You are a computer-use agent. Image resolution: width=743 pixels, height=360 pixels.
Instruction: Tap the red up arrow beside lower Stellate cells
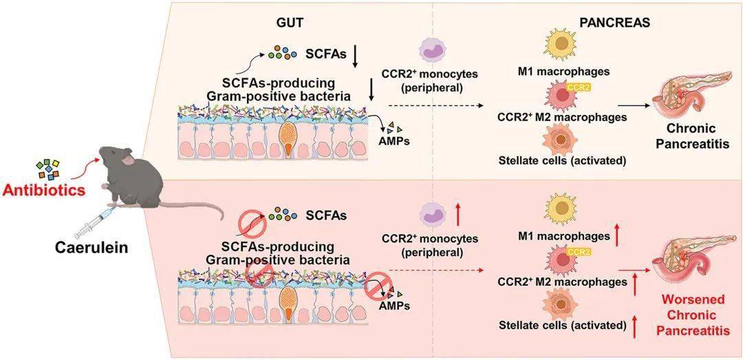tap(634, 326)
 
